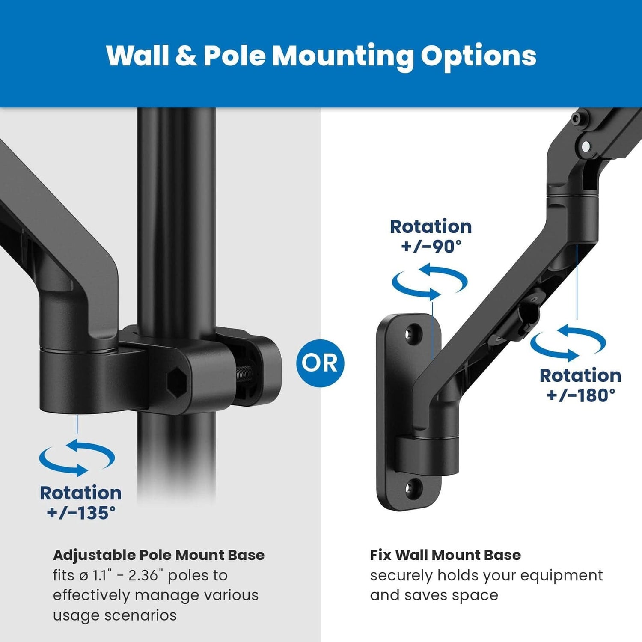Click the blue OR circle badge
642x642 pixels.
[x=320, y=363]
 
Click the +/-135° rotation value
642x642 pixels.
[x=81, y=513]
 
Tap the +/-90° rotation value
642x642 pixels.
[x=431, y=246]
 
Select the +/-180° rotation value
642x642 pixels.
[x=580, y=395]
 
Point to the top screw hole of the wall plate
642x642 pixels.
[x=413, y=333]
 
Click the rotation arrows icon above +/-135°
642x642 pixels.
[x=77, y=457]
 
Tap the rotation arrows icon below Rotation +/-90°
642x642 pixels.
[x=430, y=282]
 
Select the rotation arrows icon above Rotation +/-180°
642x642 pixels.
[x=568, y=342]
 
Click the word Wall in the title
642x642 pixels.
[x=138, y=56]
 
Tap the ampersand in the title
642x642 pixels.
[x=186, y=56]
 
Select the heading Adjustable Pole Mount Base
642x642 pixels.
[x=159, y=555]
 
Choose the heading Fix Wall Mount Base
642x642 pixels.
[x=445, y=555]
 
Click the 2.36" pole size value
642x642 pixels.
[x=146, y=575]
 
